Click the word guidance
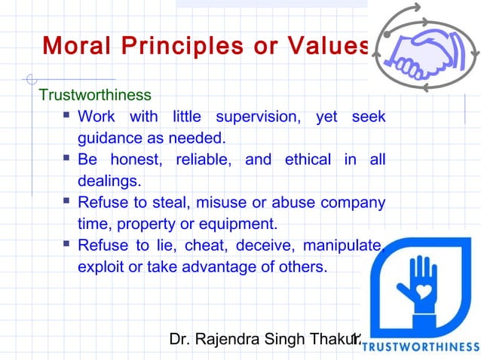click(107, 139)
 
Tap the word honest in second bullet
click(142, 160)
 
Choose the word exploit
click(98, 267)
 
